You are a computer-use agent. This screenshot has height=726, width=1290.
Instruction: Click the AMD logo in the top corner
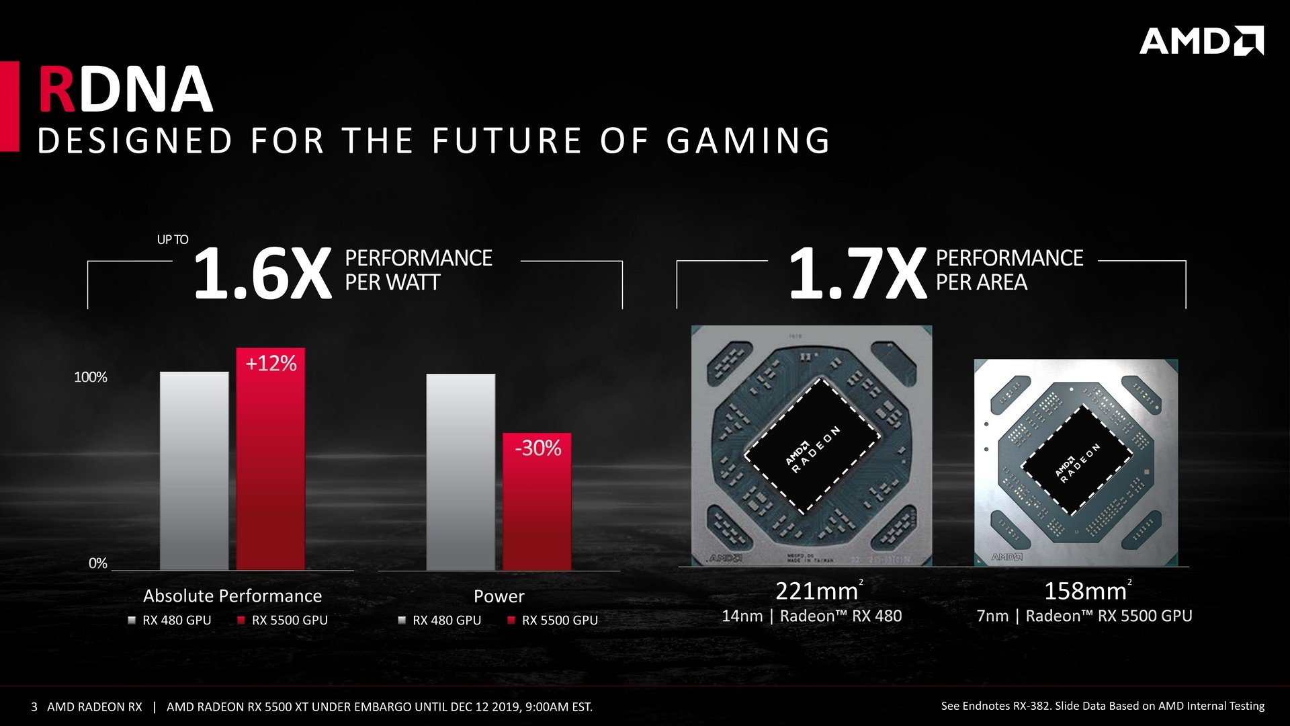click(x=1201, y=41)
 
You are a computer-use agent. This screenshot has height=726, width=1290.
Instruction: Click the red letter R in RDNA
click(x=56, y=90)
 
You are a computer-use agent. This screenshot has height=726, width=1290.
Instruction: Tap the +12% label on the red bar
click(x=271, y=364)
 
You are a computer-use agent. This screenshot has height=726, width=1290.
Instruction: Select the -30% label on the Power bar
click(x=537, y=448)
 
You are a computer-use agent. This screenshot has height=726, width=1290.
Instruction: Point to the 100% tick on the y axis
click(x=91, y=377)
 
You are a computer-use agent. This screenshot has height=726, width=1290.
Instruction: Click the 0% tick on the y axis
click(x=98, y=563)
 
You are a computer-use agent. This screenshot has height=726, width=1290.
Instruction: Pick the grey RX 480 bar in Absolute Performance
click(x=194, y=471)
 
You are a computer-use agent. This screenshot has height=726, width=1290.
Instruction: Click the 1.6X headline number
click(x=262, y=274)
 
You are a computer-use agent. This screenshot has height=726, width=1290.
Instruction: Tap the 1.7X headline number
click(x=857, y=274)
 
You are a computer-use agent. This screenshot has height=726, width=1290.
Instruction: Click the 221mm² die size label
click(x=818, y=591)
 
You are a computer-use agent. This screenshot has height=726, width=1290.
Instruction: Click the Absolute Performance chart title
click(x=232, y=596)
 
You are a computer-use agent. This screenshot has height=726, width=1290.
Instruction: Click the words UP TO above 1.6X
click(x=173, y=239)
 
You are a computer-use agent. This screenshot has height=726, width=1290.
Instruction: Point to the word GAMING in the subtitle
click(x=748, y=140)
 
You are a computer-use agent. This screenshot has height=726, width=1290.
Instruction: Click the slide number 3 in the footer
click(x=34, y=707)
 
